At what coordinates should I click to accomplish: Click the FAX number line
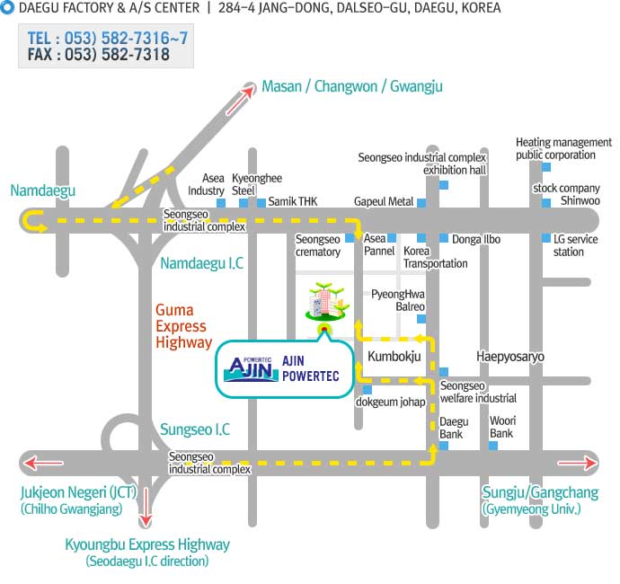coord(99,55)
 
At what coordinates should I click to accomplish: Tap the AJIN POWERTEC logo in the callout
coord(249,367)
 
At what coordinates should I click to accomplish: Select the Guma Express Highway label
coord(183,326)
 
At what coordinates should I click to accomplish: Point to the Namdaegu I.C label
coord(201,263)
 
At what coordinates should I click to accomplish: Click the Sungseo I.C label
coord(195,429)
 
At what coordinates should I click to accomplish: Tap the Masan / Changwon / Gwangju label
coord(351,86)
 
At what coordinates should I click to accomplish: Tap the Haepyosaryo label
coord(510,357)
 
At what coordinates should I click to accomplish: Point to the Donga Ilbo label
coord(476,239)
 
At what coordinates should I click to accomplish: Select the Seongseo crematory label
coord(318,245)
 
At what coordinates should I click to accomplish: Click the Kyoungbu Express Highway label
coord(147,544)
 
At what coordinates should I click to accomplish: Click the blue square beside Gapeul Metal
coord(421,202)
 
